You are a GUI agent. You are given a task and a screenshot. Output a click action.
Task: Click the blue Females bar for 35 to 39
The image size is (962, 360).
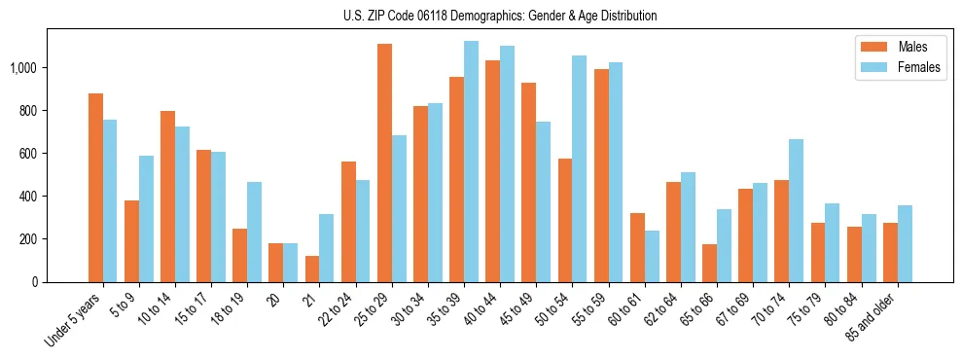(471, 162)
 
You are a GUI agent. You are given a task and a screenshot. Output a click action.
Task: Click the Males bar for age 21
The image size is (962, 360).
(312, 270)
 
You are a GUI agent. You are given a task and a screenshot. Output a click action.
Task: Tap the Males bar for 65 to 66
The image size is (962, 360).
(709, 264)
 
